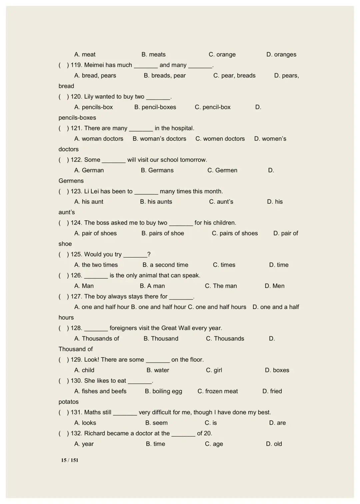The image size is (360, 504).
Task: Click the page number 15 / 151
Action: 70,460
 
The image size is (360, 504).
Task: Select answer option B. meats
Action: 153,54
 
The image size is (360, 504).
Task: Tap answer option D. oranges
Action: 281,54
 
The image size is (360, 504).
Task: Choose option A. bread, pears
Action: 95,75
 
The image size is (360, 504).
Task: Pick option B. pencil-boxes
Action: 155,107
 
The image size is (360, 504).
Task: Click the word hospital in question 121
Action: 182,128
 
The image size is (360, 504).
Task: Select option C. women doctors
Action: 220,139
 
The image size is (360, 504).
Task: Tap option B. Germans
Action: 157,170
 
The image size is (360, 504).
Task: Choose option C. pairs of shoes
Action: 235,233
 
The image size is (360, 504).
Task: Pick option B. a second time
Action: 165,265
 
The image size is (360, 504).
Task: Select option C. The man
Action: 221,286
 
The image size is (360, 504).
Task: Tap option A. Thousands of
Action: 97,338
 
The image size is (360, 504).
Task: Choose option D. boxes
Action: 277,370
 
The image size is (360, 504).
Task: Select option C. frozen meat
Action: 218,391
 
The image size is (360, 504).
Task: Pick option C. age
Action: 214,444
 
